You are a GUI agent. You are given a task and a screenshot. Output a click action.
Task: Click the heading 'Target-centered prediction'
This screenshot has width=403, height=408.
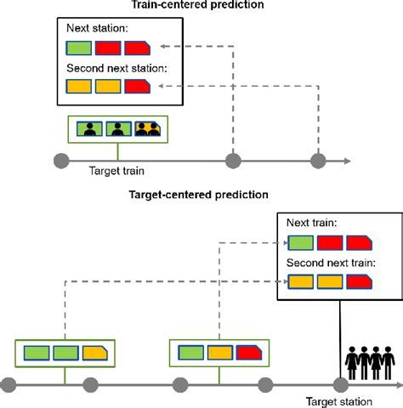[198, 195]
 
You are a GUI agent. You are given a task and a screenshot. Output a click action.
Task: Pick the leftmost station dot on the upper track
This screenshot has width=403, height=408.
[60, 160]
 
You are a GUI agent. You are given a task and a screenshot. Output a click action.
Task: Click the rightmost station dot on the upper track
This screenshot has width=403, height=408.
[319, 160]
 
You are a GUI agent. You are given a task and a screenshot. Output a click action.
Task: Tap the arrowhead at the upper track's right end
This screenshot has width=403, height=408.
[346, 160]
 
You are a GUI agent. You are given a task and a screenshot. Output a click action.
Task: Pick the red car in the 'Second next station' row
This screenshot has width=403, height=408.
[137, 85]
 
